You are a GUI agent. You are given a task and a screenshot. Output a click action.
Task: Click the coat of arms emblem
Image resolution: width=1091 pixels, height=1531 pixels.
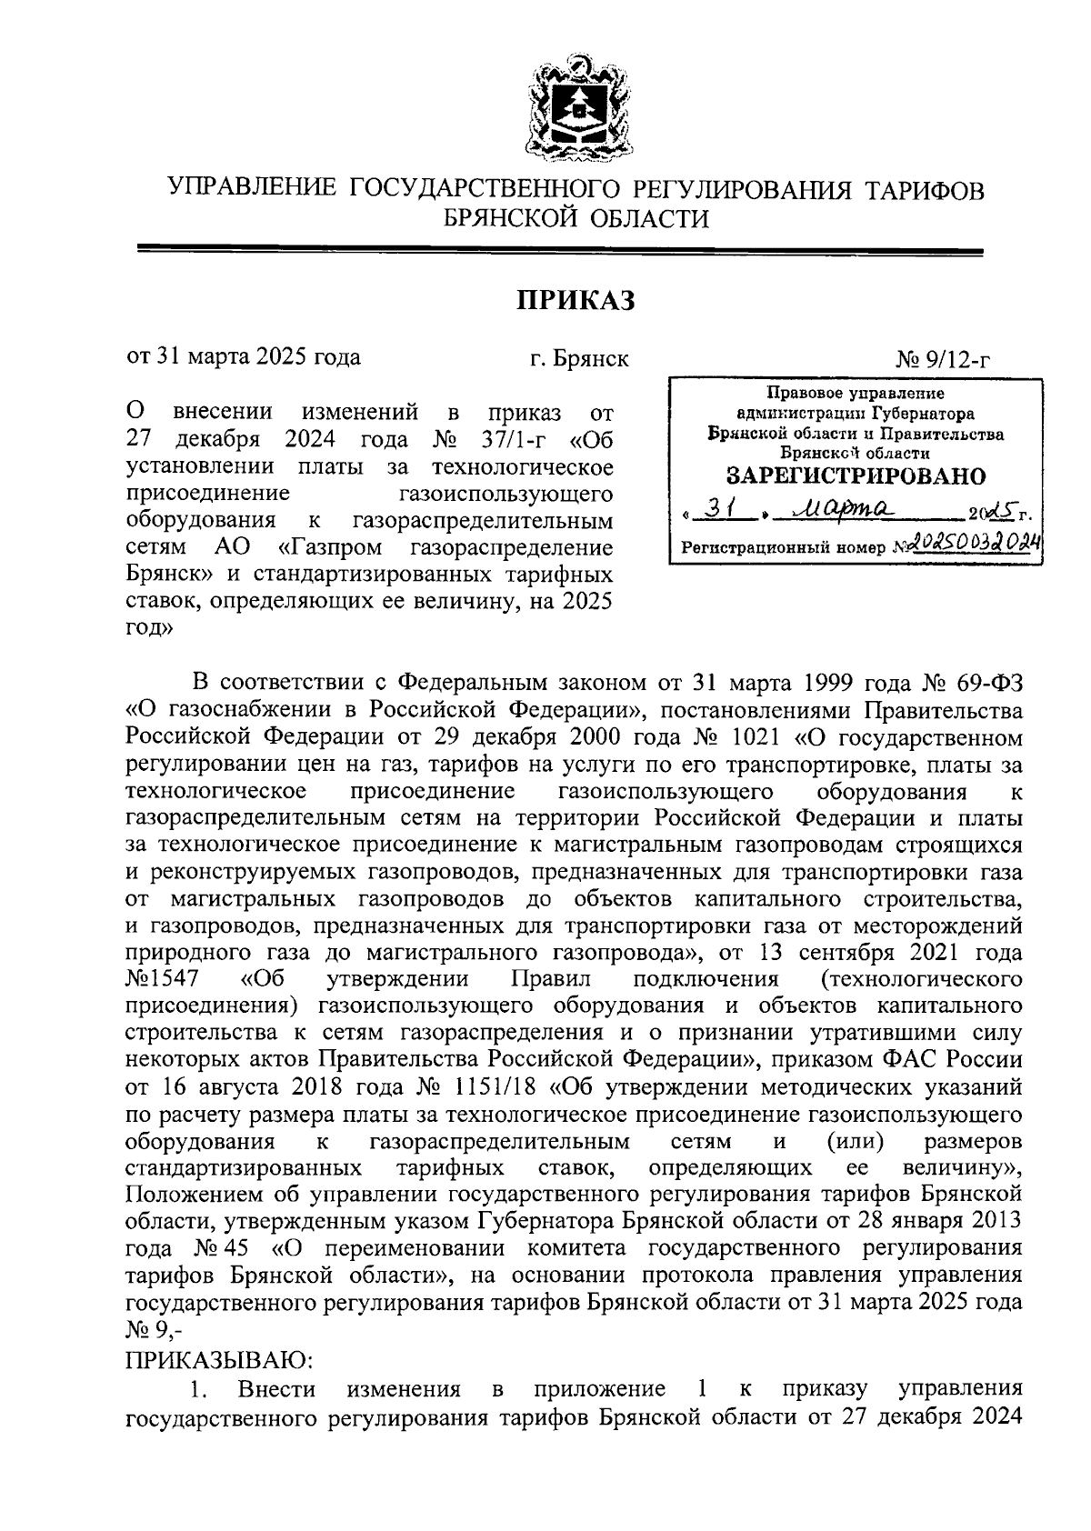click(x=574, y=107)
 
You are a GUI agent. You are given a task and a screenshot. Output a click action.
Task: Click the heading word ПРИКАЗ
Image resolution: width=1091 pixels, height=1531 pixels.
click(x=575, y=300)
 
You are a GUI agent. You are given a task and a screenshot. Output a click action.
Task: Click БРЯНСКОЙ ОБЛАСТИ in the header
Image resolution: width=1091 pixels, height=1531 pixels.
click(x=575, y=218)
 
